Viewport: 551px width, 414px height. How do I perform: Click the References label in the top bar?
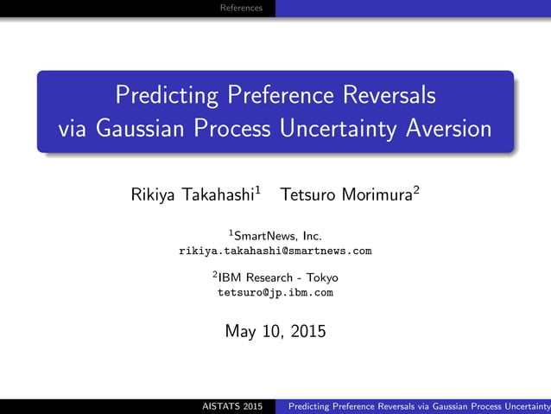(241, 8)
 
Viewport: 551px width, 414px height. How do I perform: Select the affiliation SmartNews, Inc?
(279, 235)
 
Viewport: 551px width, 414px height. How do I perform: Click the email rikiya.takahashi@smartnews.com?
(275, 251)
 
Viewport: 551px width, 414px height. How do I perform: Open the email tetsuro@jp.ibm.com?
(275, 293)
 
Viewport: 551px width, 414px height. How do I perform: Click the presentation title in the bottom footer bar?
(418, 406)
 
